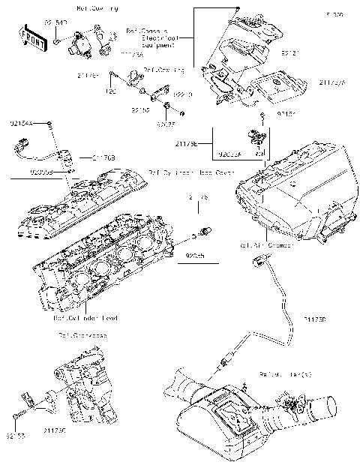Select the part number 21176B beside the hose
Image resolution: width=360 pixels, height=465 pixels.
103,157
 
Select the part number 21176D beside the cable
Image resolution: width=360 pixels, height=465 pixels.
315,318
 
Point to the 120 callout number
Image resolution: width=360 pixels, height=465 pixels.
111,91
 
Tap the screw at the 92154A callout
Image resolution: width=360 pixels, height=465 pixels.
50,122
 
